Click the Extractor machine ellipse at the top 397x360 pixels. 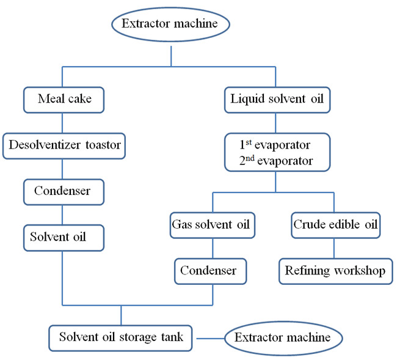pyautogui.click(x=170, y=25)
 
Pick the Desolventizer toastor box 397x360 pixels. pyautogui.click(x=65, y=145)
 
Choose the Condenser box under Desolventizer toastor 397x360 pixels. pyautogui.click(x=62, y=191)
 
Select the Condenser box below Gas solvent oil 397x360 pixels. pyautogui.click(x=212, y=271)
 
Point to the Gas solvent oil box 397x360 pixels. pyautogui.click(x=211, y=225)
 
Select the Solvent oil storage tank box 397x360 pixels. pyautogui.click(x=120, y=337)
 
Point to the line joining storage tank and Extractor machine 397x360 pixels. pyautogui.click(x=208, y=337)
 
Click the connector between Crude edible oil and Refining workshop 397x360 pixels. pyautogui.click(x=334, y=248)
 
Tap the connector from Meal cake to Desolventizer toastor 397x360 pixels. pyautogui.click(x=62, y=123)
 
